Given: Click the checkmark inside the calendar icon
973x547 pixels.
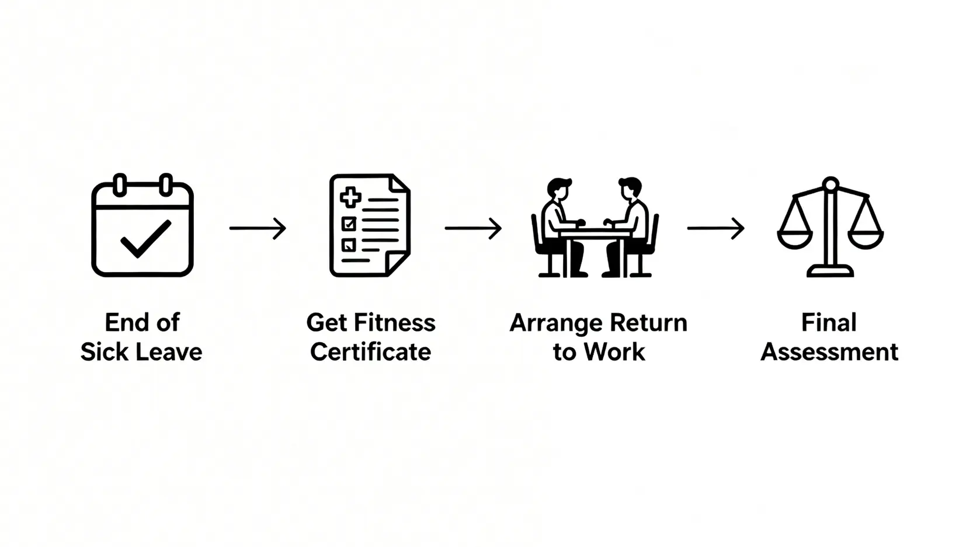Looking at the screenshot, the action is click(x=146, y=239).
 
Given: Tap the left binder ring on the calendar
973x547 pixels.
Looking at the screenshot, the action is click(x=120, y=185).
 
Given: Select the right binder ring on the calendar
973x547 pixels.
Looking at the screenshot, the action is click(x=165, y=185).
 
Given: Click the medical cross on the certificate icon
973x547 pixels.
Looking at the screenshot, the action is click(x=350, y=197).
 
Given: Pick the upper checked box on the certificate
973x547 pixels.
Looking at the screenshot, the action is click(x=349, y=224).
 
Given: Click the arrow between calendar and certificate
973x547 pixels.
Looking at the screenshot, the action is click(x=258, y=228).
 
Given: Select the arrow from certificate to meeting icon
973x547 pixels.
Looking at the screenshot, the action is click(x=473, y=228).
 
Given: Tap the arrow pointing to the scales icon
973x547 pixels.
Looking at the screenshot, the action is click(x=715, y=228).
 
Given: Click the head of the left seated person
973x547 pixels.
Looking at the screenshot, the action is click(x=558, y=189).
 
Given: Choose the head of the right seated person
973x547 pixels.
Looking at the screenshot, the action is click(x=631, y=189).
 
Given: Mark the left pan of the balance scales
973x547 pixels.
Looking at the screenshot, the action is click(x=795, y=239).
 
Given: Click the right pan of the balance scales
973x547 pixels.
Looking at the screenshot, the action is click(x=866, y=239).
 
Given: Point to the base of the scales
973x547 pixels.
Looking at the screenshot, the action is click(x=830, y=271).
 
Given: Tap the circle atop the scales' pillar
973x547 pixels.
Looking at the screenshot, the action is click(x=830, y=184).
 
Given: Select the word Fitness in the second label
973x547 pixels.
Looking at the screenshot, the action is click(x=395, y=323).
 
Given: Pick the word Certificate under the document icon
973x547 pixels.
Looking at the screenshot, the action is click(x=370, y=351).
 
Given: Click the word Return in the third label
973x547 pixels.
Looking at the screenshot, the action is click(x=648, y=323).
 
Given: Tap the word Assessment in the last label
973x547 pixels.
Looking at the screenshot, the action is click(x=829, y=351).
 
